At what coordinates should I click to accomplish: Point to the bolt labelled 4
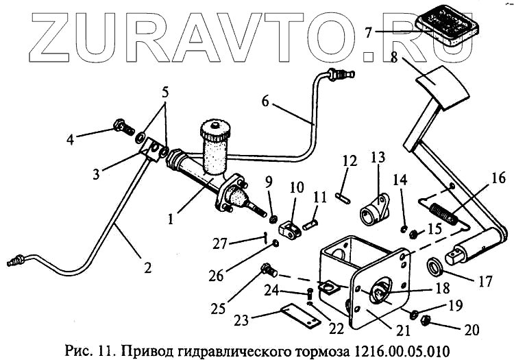121,128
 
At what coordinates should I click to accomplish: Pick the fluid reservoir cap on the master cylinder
215,128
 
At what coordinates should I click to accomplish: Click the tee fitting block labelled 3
153,147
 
